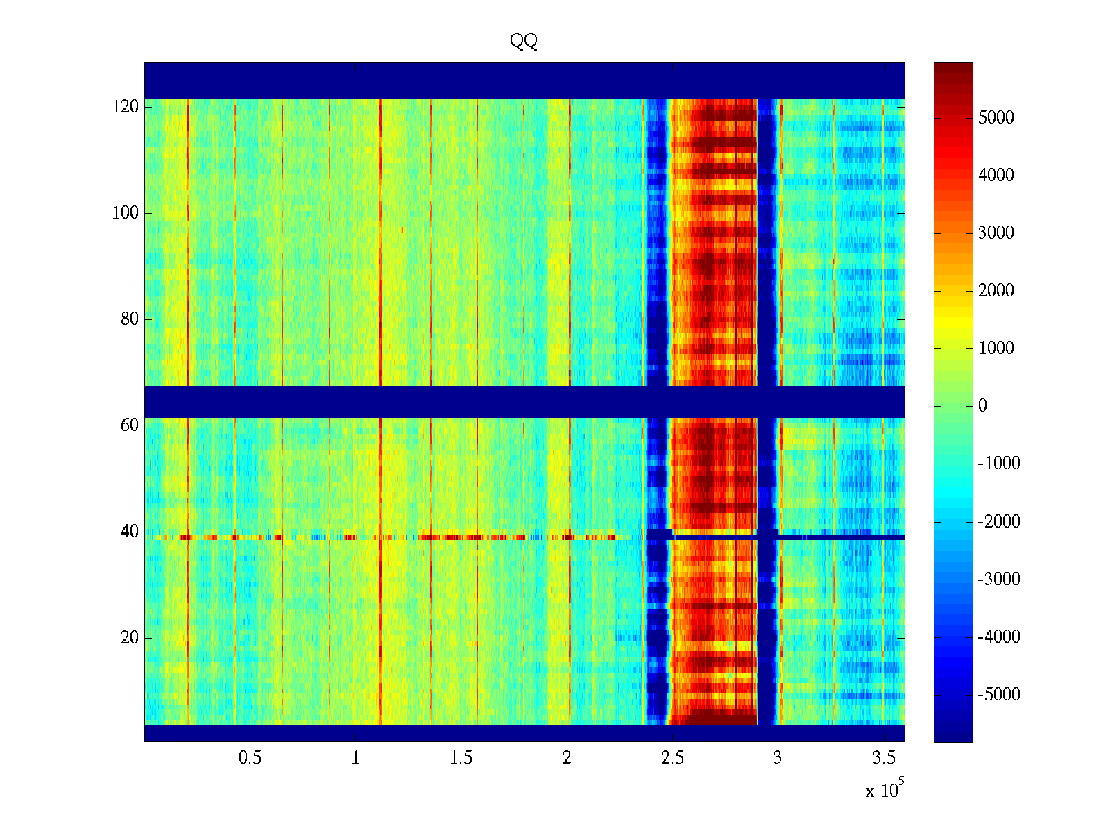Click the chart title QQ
[524, 42]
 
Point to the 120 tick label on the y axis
[126, 107]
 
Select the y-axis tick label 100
[126, 213]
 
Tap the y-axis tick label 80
[130, 319]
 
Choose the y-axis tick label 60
[130, 426]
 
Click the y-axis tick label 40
[130, 532]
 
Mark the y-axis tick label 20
[130, 638]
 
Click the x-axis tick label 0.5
[250, 757]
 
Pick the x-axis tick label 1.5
[461, 757]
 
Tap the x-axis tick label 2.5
[672, 757]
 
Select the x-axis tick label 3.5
[883, 757]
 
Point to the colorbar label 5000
[996, 117]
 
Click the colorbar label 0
[982, 405]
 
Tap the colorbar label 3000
[996, 233]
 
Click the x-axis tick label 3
[778, 757]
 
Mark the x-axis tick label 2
[567, 757]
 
